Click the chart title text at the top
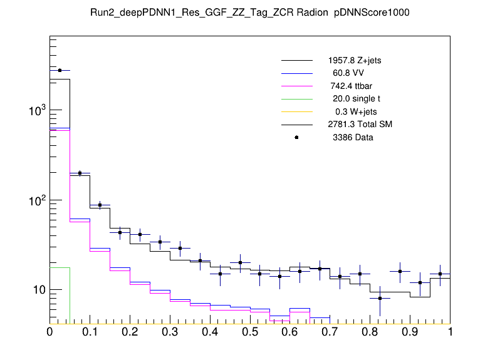click(250, 13)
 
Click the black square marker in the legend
click(296, 137)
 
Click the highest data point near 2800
click(60, 71)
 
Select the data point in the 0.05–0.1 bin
click(80, 173)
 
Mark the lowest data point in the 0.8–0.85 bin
click(380, 298)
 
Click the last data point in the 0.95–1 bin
click(440, 274)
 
